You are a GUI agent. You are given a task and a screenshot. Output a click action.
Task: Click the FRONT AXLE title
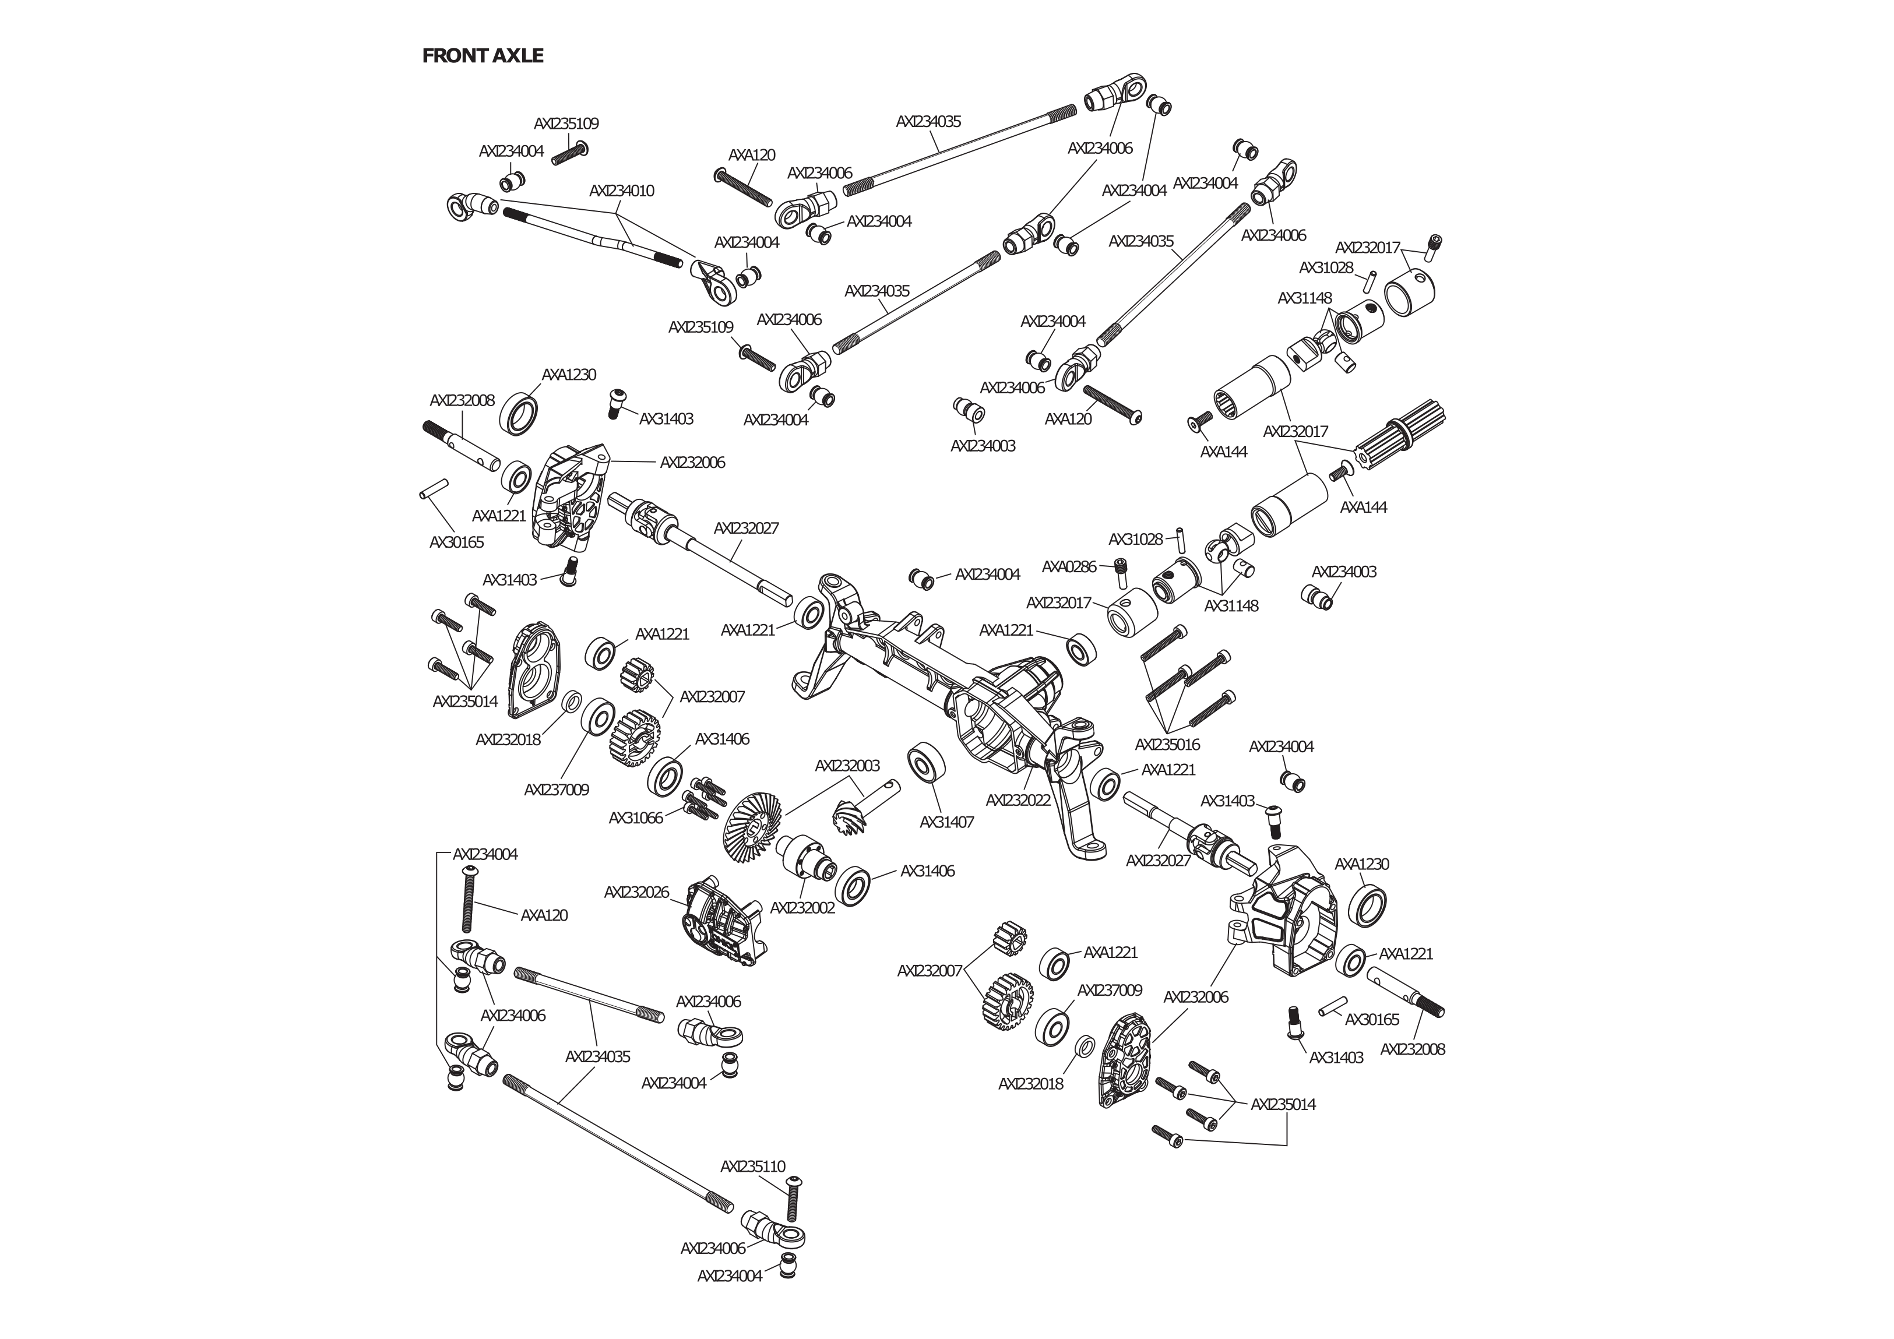(483, 56)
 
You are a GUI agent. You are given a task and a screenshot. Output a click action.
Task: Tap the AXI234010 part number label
(621, 191)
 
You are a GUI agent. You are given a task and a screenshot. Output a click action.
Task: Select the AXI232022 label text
(1018, 800)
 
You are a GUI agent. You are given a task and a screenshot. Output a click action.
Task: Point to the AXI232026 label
(636, 893)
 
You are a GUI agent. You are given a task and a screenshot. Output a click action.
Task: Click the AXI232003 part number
(847, 766)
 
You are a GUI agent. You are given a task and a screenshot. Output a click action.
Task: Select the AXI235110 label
(752, 1167)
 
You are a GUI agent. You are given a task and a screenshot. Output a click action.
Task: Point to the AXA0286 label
(1068, 567)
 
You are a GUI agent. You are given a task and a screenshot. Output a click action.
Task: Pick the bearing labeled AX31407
(925, 764)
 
